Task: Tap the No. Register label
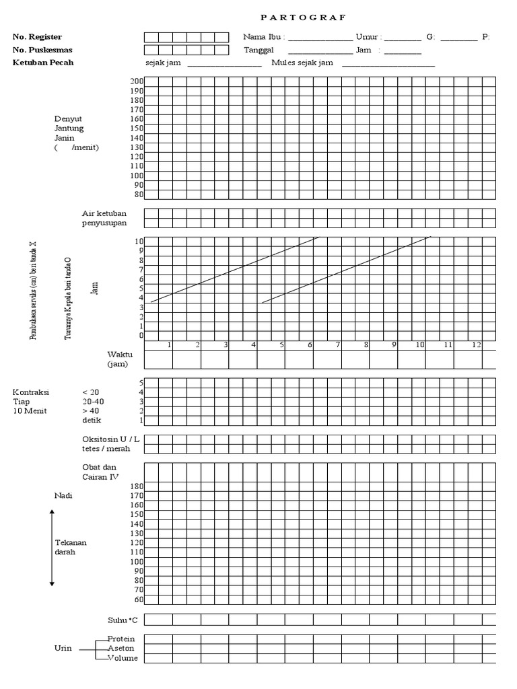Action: (41, 37)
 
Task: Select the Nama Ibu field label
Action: (264, 37)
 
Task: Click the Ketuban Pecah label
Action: (43, 63)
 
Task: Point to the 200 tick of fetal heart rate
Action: (137, 81)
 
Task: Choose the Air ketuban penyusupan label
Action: (104, 218)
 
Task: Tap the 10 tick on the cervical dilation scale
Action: (139, 241)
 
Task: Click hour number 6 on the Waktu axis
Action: (310, 345)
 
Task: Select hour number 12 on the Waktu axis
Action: (476, 345)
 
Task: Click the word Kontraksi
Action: (32, 392)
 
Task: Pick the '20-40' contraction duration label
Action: (93, 401)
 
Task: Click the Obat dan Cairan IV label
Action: (100, 472)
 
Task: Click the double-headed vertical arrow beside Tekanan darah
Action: (52, 548)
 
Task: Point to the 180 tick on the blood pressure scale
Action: (137, 486)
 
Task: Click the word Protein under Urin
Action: (122, 638)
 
